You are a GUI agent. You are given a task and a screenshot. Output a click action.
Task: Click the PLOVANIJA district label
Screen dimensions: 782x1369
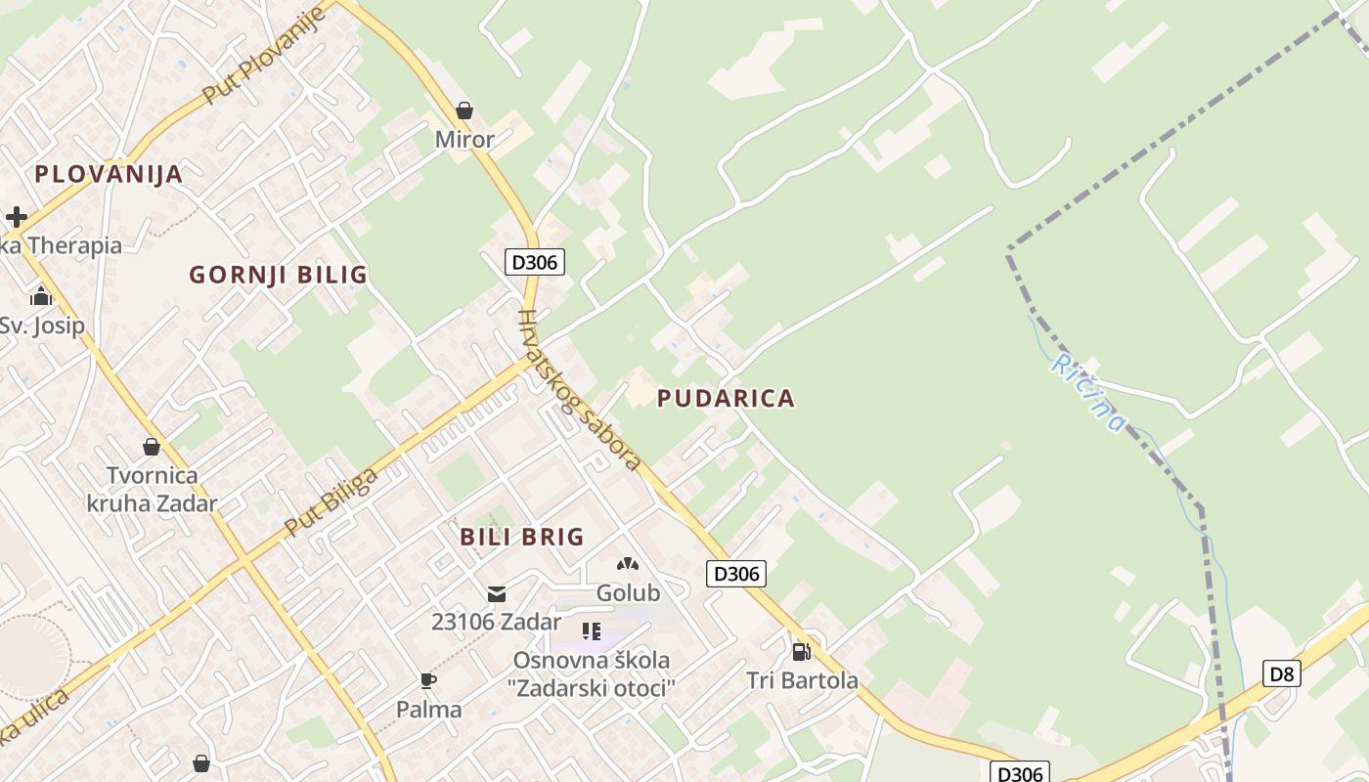click(x=109, y=174)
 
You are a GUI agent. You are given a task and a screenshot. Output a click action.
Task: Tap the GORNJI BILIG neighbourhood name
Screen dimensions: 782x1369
click(x=278, y=275)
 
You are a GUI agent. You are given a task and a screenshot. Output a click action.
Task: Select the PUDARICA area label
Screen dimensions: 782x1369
click(x=726, y=398)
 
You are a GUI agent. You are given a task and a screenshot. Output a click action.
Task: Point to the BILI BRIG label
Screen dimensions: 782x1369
click(x=521, y=537)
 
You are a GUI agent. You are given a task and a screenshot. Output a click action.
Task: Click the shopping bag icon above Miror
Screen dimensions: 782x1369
click(x=464, y=110)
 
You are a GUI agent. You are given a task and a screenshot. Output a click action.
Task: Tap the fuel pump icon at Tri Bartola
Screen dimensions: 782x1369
click(x=801, y=651)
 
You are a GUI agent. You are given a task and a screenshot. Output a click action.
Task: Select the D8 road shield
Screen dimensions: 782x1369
click(x=1282, y=673)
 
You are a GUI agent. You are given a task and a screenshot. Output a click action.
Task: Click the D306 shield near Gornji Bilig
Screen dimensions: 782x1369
click(x=535, y=262)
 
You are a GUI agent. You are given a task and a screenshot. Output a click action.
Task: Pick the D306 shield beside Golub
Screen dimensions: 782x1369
click(x=735, y=574)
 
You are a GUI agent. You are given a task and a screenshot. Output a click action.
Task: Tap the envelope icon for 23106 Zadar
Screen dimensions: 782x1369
click(x=497, y=593)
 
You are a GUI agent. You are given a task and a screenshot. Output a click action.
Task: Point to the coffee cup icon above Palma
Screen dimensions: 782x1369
click(x=427, y=680)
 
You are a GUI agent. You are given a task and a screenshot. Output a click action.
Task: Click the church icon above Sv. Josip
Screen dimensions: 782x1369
click(x=41, y=295)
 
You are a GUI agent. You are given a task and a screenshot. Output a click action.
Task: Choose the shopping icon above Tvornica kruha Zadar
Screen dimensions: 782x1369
click(x=152, y=447)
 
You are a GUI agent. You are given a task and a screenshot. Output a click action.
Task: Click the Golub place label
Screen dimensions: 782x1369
click(x=628, y=593)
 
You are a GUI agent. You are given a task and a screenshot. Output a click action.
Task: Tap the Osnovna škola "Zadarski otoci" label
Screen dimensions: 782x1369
click(x=592, y=673)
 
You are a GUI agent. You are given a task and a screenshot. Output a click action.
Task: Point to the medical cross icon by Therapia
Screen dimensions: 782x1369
click(x=16, y=216)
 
